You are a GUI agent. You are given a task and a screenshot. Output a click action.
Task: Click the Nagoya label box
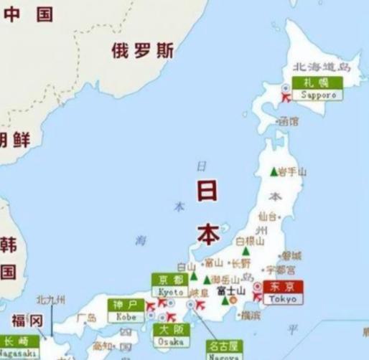[x=223, y=350]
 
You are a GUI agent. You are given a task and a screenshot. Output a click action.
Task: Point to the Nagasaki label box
[x=19, y=346]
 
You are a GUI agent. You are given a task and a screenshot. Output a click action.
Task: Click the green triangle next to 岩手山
[x=273, y=172]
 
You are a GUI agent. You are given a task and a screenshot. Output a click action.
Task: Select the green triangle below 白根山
[x=246, y=252]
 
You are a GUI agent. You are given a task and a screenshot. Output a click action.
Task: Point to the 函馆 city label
[x=288, y=122]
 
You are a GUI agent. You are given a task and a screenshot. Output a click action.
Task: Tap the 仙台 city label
[x=266, y=215]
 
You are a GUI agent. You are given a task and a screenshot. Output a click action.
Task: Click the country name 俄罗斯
[x=143, y=51]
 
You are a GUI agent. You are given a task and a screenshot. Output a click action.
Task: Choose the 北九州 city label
[x=50, y=300]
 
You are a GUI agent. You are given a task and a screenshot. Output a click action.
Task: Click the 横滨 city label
[x=250, y=315]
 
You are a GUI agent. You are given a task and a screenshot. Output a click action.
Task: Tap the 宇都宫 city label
[x=280, y=270]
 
